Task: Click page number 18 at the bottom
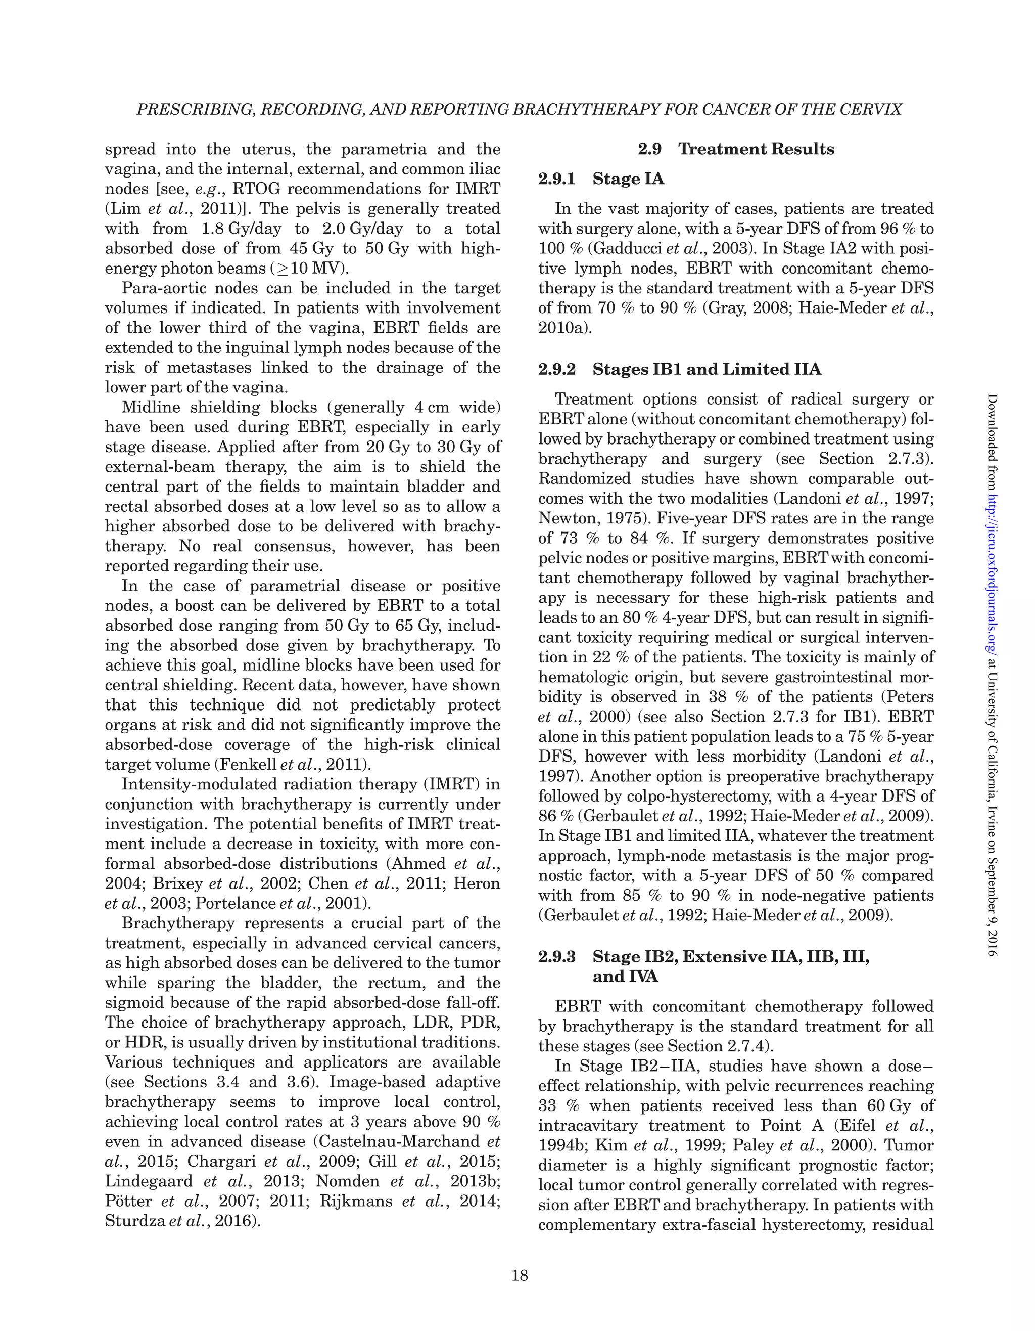point(520,1275)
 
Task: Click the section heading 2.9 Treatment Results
point(736,149)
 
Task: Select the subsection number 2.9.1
point(557,179)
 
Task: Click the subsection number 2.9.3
point(557,957)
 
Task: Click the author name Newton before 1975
point(562,519)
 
